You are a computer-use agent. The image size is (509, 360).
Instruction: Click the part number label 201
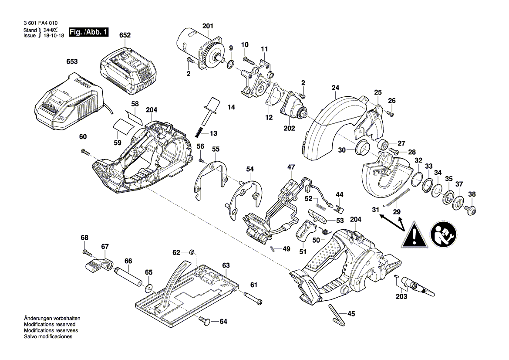[208, 26]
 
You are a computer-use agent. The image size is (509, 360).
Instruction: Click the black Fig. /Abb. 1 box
[89, 32]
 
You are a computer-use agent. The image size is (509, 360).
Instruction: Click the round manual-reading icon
[443, 234]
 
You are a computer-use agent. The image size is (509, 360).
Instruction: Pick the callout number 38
[472, 194]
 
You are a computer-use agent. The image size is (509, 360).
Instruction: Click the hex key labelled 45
[337, 315]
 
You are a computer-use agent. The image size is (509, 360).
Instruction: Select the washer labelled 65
[148, 287]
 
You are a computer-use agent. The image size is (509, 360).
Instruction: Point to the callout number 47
[291, 167]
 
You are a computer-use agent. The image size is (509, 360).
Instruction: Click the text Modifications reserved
[50, 324]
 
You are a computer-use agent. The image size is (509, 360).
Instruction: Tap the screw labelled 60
[85, 151]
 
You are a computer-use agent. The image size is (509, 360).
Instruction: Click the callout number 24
[335, 88]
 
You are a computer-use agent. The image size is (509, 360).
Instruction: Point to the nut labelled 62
[192, 251]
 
